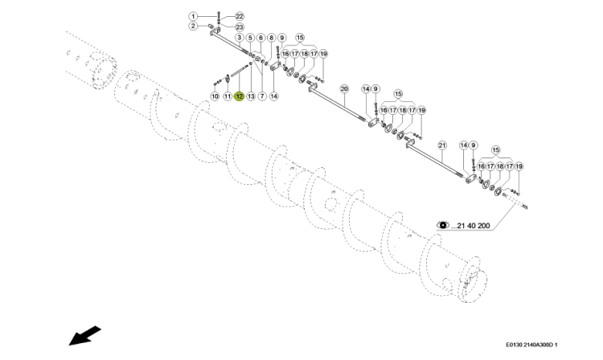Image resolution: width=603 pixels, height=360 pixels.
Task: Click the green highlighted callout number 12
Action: [x=240, y=96]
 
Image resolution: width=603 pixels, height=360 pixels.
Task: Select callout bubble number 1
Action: [x=193, y=17]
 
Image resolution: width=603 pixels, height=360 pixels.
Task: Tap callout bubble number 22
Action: [x=240, y=17]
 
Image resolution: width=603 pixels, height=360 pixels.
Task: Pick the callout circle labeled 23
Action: [x=240, y=27]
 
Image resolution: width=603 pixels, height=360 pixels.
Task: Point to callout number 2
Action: [x=193, y=27]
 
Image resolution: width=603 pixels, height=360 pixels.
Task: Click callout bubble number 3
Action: [x=240, y=38]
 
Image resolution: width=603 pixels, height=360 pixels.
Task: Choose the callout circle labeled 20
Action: [x=344, y=89]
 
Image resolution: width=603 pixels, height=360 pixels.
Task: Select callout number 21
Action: [x=442, y=145]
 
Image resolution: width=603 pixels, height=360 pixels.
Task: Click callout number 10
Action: [x=215, y=96]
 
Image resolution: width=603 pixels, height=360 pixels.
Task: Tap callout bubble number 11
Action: [x=228, y=96]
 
